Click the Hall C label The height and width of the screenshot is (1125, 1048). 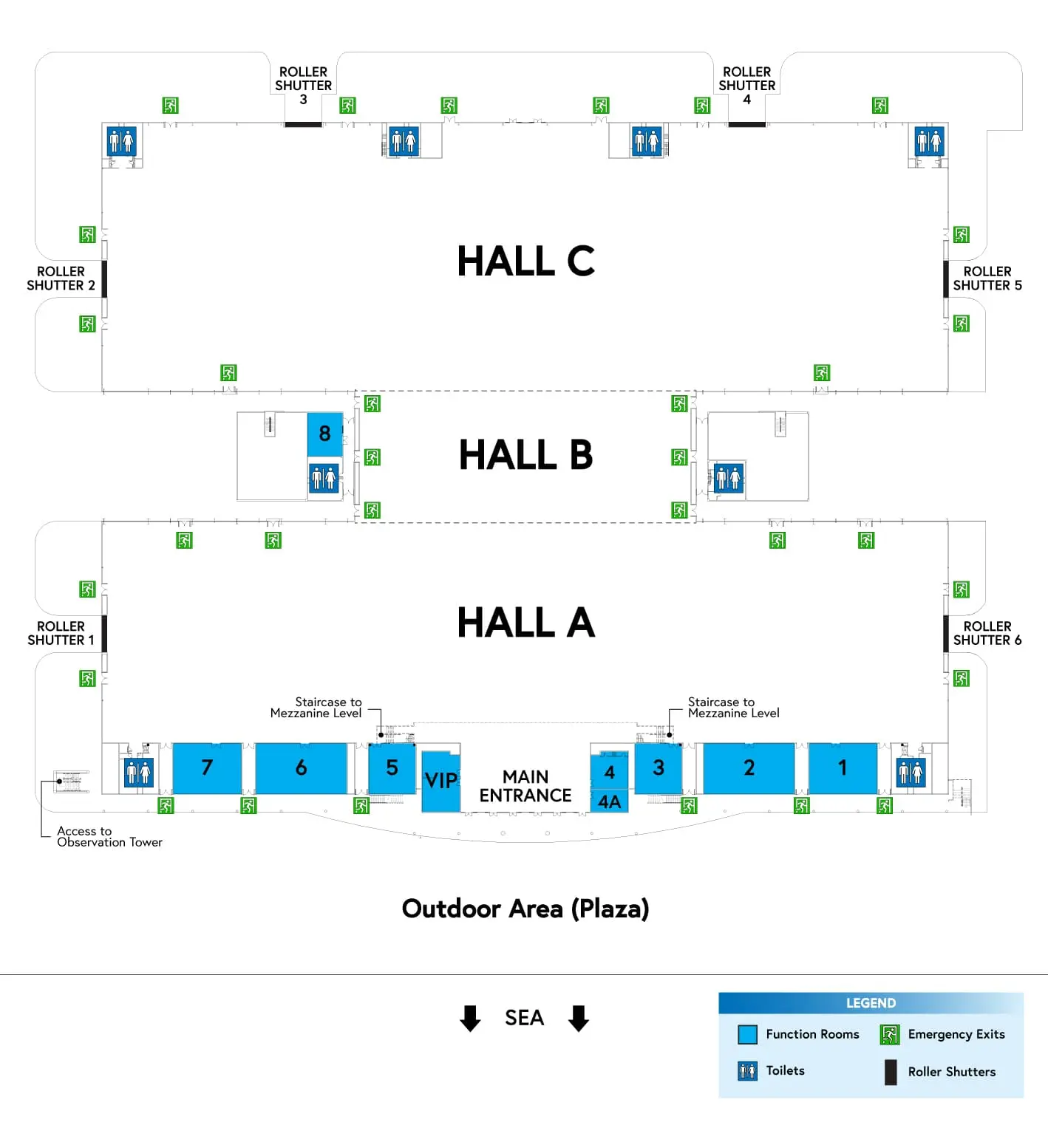tap(525, 261)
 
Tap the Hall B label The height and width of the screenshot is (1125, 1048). tap(525, 454)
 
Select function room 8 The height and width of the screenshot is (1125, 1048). tap(324, 434)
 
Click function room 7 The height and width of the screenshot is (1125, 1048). tap(207, 768)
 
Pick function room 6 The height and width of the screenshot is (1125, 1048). tap(301, 768)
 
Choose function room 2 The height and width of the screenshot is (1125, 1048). tap(749, 768)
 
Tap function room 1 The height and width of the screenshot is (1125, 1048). tap(843, 768)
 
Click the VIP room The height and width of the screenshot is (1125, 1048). tap(440, 781)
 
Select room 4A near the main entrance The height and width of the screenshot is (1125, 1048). tap(609, 802)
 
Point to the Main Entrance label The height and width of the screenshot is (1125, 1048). tap(525, 786)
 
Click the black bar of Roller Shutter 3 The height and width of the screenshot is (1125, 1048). tap(303, 124)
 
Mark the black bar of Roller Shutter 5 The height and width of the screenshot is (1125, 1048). tap(946, 278)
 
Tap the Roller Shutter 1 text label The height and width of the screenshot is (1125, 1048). tap(61, 633)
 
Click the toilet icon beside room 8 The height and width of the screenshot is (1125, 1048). tap(324, 478)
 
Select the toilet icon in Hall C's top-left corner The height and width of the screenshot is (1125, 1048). tap(121, 140)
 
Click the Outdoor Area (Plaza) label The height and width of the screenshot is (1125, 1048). tap(525, 909)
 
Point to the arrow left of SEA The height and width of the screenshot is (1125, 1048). tap(470, 1018)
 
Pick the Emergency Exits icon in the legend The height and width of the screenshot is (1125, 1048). tap(889, 1034)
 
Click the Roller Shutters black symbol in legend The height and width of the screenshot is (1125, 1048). tap(891, 1072)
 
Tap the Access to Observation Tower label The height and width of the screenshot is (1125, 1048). tap(109, 836)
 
